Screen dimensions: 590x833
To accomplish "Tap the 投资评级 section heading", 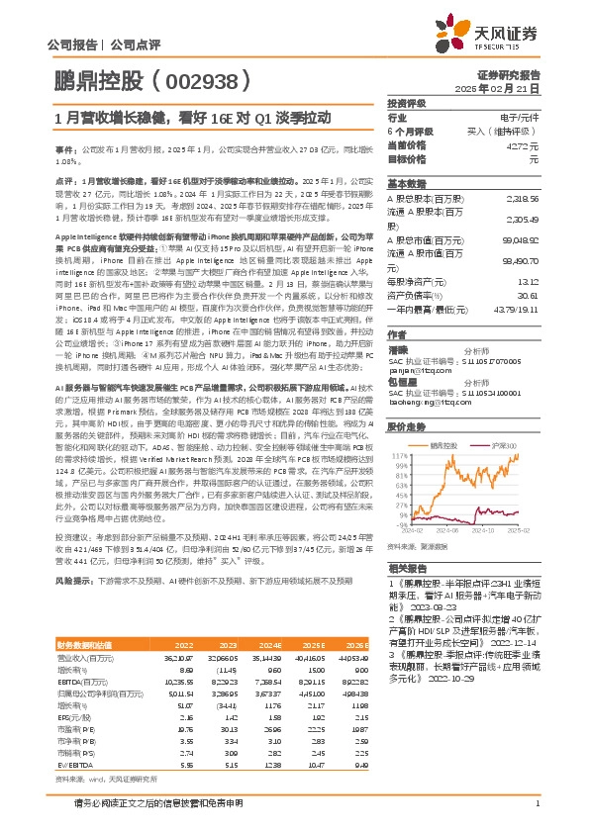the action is pos(406,103).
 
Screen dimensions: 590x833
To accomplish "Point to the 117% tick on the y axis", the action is pos(400,457).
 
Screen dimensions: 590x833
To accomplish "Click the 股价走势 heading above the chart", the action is pos(405,427).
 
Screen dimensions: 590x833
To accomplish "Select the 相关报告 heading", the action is pos(405,569).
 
